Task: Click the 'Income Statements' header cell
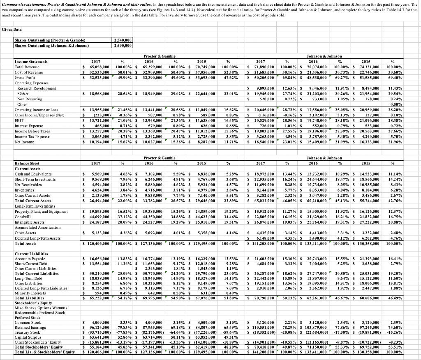pos(31,61)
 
